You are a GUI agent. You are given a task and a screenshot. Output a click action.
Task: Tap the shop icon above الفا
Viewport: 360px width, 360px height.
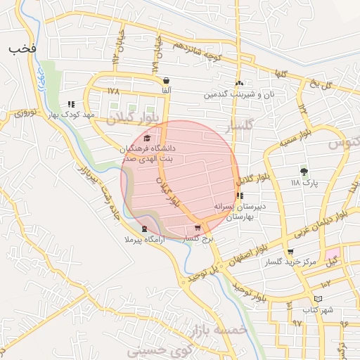point(166,80)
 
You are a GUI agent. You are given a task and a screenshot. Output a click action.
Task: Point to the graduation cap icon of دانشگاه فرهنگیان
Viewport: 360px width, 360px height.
point(146,138)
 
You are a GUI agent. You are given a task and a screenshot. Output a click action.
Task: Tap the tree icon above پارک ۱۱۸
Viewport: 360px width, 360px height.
point(304,171)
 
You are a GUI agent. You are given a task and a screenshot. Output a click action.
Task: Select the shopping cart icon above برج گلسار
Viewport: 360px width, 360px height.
point(198,228)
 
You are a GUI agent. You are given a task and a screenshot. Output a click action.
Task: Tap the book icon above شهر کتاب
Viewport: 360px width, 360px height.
point(319,299)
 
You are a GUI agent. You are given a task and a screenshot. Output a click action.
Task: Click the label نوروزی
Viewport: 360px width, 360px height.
point(26,112)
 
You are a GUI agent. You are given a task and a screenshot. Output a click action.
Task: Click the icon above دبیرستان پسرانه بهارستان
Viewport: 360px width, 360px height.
point(240,196)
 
